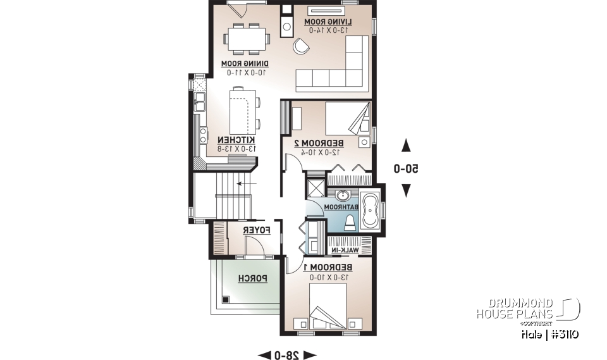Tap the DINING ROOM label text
coord(244,64)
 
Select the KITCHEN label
coord(236,140)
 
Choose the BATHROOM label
coord(341,207)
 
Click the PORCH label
coord(252,278)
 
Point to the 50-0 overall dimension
coord(407,169)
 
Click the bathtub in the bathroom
coord(370,211)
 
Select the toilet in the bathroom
coord(352,222)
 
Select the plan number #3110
coord(563,334)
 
